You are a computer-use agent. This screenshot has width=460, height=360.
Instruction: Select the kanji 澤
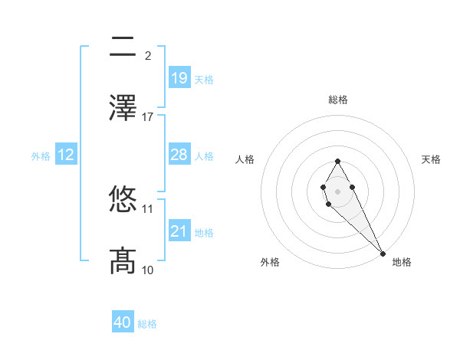(123, 108)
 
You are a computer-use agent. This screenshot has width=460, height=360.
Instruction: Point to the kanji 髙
(123, 260)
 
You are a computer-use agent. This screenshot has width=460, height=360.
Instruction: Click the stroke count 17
(148, 116)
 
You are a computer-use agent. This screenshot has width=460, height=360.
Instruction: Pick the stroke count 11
(148, 208)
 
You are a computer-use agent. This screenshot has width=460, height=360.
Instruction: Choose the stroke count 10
(148, 270)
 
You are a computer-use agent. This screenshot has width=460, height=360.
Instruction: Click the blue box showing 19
(179, 78)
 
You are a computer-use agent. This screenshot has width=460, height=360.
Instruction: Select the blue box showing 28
(179, 155)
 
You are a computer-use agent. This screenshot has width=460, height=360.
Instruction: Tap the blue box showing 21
(179, 231)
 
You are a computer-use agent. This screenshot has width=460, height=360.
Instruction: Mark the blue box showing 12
(66, 155)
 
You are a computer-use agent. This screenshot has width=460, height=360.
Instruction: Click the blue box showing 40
(123, 323)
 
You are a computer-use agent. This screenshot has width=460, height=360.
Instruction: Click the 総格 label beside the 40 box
(147, 324)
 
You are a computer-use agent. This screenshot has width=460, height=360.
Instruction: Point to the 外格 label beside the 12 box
(41, 155)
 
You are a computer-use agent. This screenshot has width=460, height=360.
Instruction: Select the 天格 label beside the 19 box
(203, 79)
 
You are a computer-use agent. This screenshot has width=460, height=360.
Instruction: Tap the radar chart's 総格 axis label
(337, 100)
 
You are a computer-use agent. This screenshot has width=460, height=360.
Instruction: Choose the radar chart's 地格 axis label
(402, 262)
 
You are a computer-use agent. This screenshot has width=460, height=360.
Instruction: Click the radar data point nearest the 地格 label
(383, 253)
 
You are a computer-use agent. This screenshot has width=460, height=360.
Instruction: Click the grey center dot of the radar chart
(337, 191)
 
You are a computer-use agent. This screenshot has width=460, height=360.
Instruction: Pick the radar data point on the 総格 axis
(337, 161)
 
